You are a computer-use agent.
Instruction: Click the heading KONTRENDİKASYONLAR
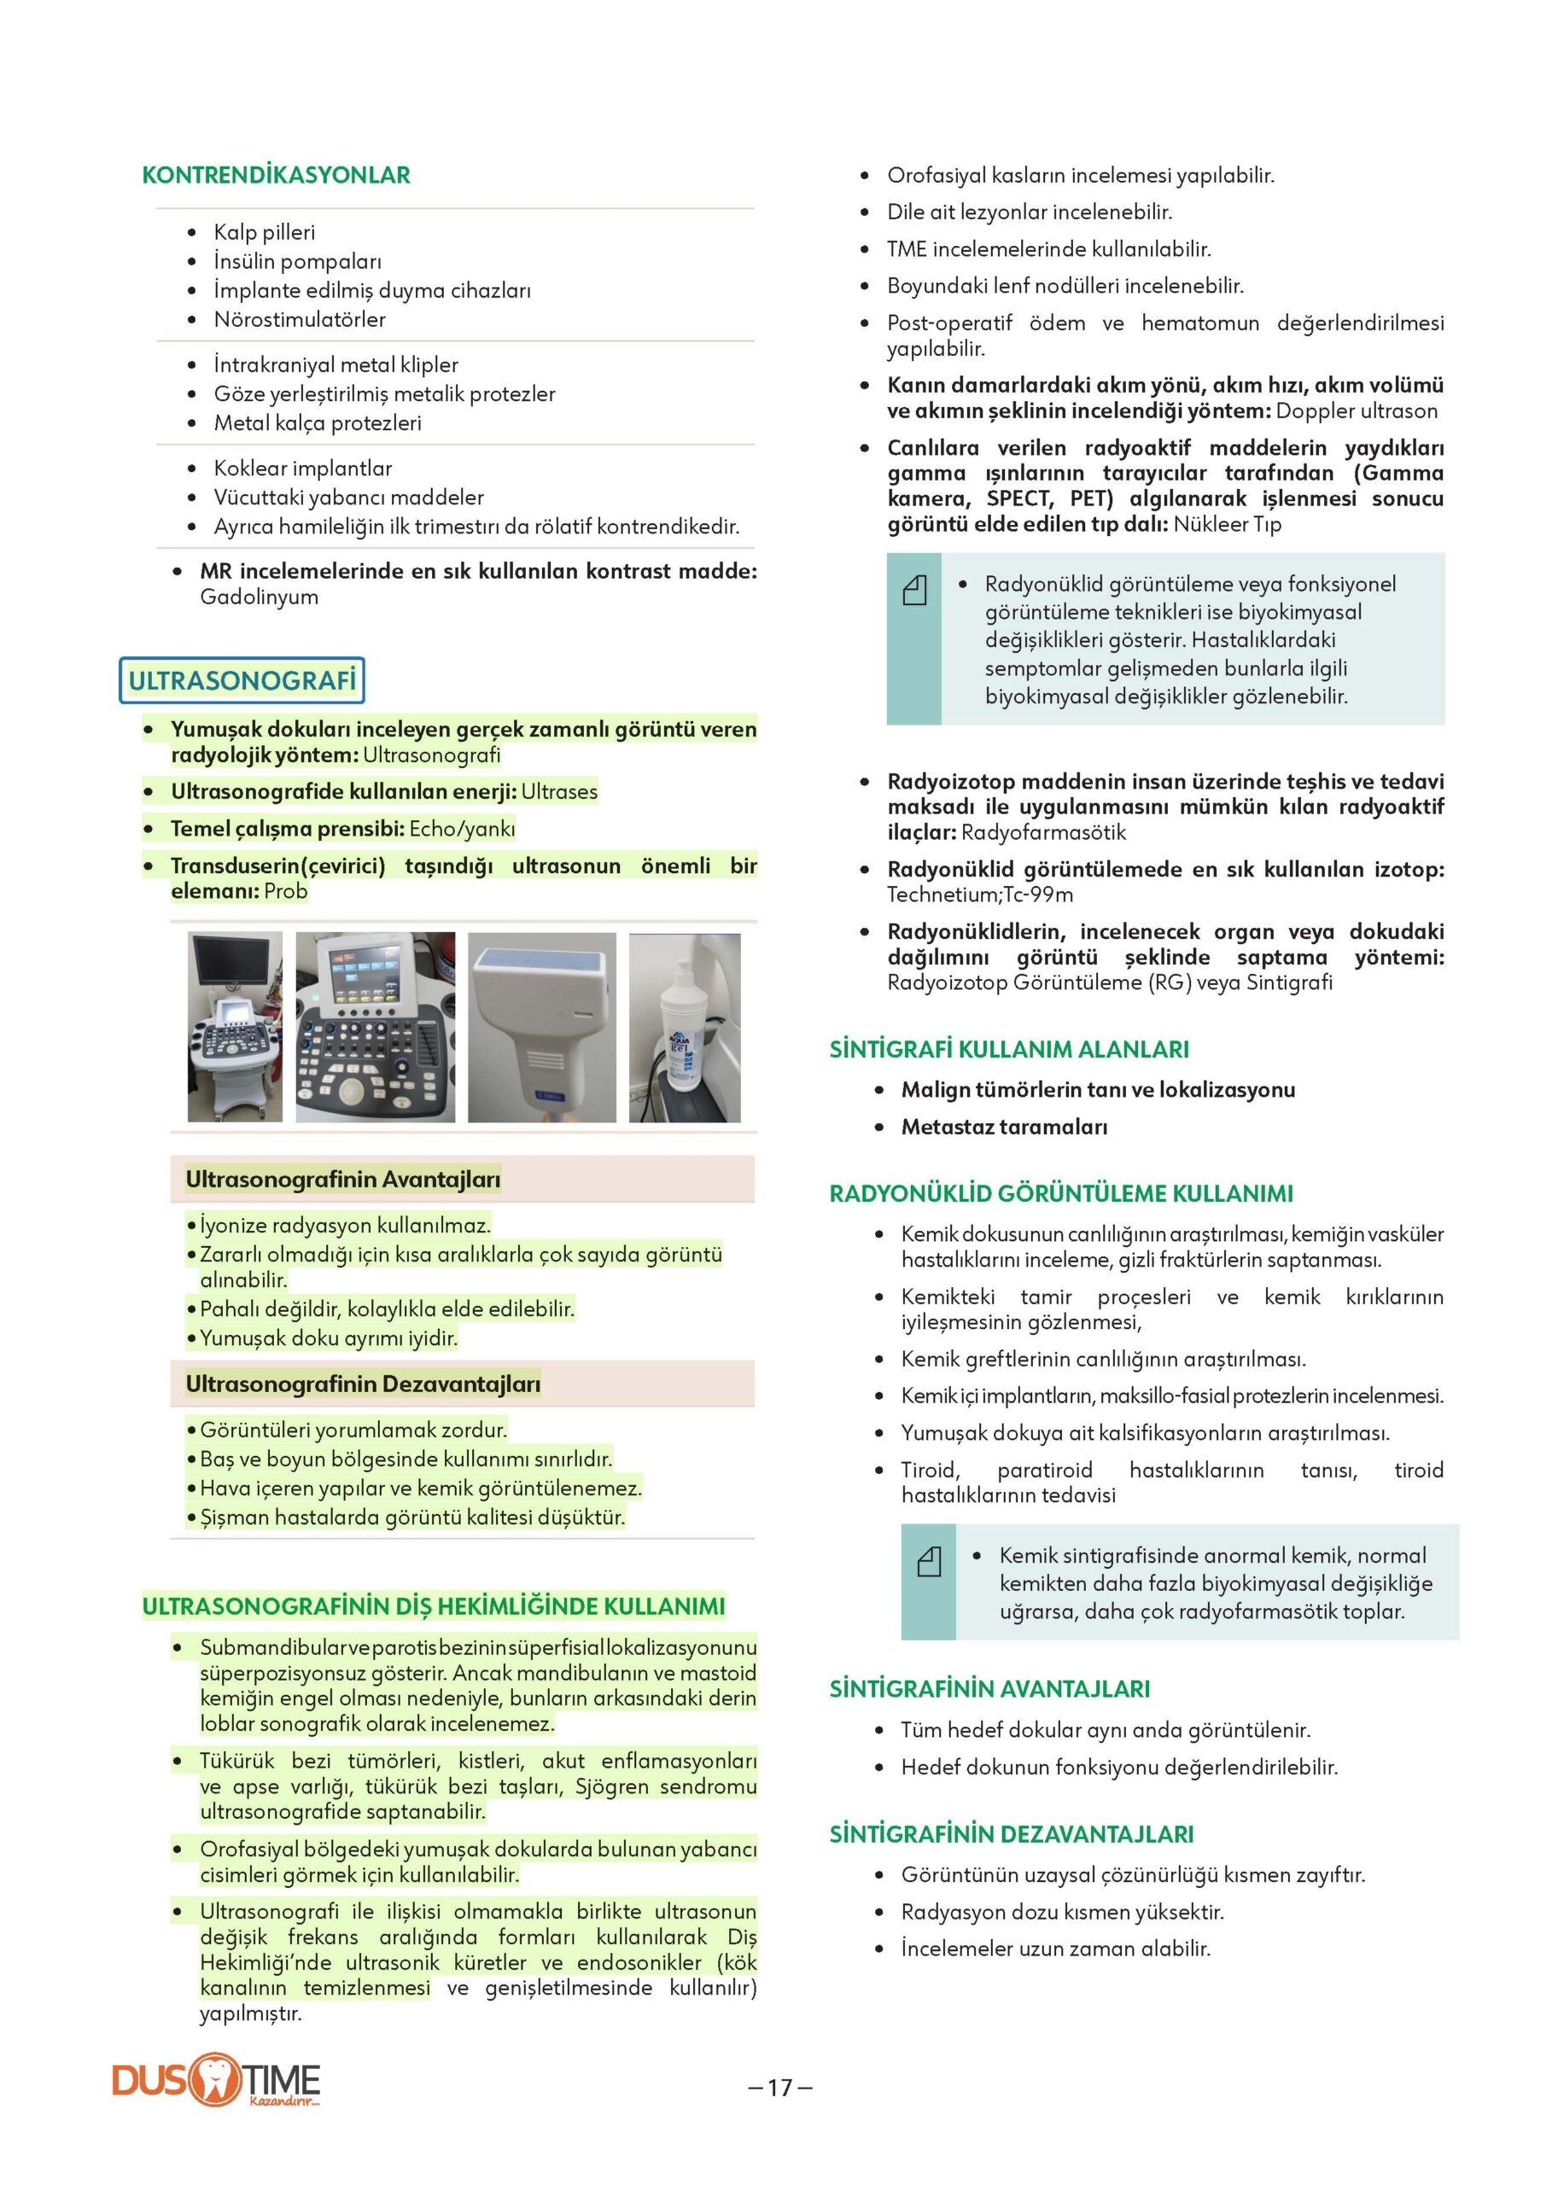coord(276,176)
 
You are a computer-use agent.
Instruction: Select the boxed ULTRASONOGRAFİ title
coord(242,680)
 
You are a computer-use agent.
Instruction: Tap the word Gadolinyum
coord(259,597)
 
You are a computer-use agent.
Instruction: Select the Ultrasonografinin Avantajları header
coord(342,1179)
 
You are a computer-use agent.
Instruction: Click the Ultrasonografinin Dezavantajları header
coord(363,1384)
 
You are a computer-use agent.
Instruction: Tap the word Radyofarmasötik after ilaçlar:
coord(1043,832)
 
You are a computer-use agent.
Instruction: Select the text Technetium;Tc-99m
coord(979,894)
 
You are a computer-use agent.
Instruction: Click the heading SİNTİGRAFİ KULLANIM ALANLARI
coord(1008,1049)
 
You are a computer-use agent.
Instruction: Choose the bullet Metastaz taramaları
coord(1003,1127)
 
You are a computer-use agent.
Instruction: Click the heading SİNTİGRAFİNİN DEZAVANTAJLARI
coord(1011,1834)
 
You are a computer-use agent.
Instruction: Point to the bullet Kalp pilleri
coord(264,232)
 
